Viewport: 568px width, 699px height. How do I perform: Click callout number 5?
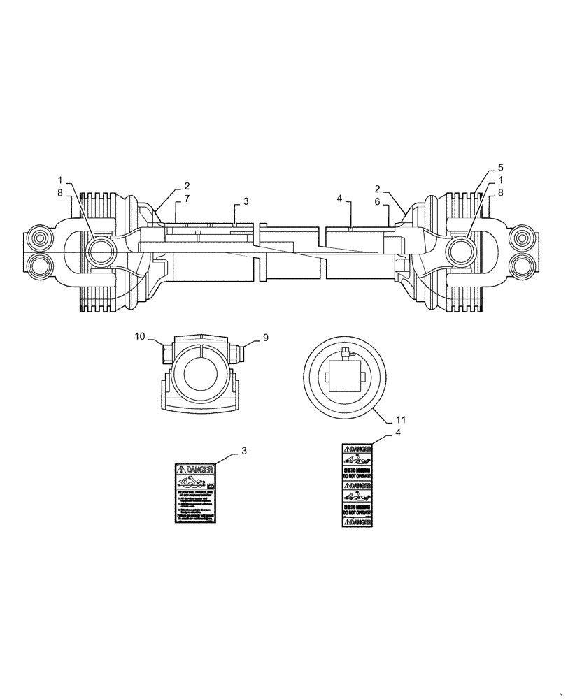(500, 168)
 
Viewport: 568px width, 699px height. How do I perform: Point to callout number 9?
(266, 338)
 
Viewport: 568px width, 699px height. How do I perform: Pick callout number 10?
(140, 337)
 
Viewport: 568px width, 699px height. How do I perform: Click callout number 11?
(400, 420)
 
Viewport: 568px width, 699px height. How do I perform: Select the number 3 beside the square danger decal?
(244, 451)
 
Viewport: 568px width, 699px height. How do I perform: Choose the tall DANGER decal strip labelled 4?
(357, 486)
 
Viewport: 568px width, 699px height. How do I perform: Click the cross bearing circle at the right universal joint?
(462, 250)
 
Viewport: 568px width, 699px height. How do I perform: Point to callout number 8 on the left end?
(61, 192)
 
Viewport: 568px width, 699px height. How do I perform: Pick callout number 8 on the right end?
(500, 192)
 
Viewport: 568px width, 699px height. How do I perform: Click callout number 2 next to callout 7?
(187, 187)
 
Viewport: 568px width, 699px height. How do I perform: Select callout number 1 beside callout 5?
(500, 180)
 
